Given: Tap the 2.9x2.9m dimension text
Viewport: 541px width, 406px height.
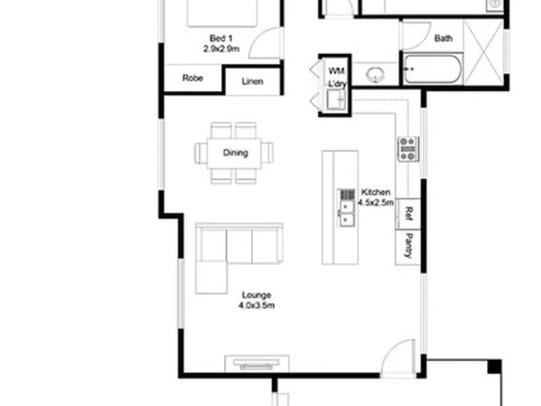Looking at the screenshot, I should click(220, 49).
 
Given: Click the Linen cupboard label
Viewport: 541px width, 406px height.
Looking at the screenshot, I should click(253, 81).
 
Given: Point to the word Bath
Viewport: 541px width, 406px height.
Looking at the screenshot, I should click(443, 38).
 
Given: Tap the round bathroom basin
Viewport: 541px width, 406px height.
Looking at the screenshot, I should click(374, 74).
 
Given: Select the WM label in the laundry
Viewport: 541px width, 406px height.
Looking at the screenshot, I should click(336, 71).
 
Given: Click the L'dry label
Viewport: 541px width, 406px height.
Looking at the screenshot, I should click(336, 84).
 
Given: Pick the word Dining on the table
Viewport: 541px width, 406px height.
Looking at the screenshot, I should click(235, 153).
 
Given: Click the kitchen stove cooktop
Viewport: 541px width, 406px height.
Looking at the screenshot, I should click(408, 149).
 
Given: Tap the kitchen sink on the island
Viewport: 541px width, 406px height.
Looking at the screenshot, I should click(346, 208).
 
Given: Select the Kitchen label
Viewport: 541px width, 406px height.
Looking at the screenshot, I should click(375, 192).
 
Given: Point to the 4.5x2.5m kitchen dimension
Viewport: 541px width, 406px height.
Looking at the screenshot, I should click(376, 203).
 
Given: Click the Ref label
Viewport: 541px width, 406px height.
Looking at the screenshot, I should click(408, 213).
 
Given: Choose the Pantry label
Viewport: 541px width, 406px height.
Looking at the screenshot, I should click(408, 245).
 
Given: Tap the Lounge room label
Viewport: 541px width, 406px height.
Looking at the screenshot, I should click(256, 295).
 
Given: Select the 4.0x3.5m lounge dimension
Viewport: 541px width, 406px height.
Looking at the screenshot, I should click(256, 306).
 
